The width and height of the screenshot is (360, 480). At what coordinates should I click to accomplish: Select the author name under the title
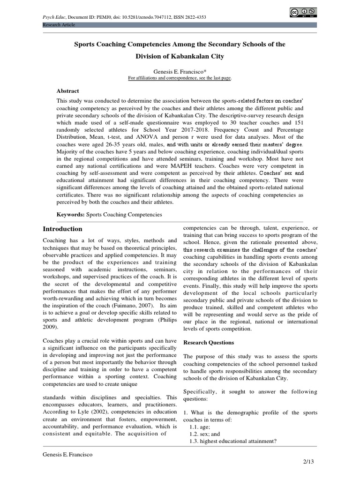(x=180, y=71)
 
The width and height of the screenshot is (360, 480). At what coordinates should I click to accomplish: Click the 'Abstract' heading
(x=67, y=91)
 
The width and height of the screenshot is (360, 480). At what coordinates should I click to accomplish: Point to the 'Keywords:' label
(x=70, y=214)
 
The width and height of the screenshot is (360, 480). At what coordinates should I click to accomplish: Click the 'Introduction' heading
(x=62, y=229)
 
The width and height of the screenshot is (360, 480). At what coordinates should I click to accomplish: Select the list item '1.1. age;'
(x=200, y=427)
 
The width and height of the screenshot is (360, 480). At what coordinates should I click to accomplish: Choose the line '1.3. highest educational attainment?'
(x=233, y=441)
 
